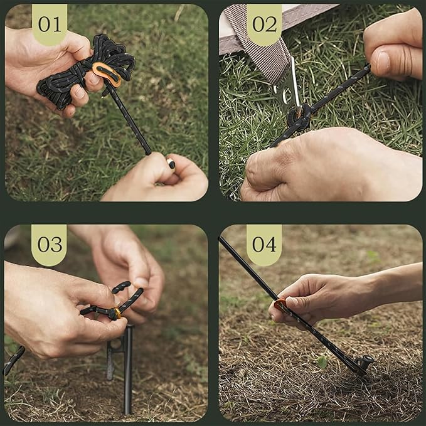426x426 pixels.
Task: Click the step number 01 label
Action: (x=49, y=24)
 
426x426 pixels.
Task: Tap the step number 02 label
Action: (x=264, y=24)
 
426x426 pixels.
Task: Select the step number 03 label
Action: (x=49, y=244)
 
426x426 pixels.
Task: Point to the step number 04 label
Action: (x=264, y=244)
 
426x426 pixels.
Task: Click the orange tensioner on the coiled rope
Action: (x=107, y=74)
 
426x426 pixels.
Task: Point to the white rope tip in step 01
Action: (x=171, y=164)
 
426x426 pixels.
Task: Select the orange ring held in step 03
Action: (x=116, y=313)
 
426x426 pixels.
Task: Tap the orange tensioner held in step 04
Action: (x=280, y=306)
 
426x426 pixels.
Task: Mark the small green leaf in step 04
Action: (x=322, y=362)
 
